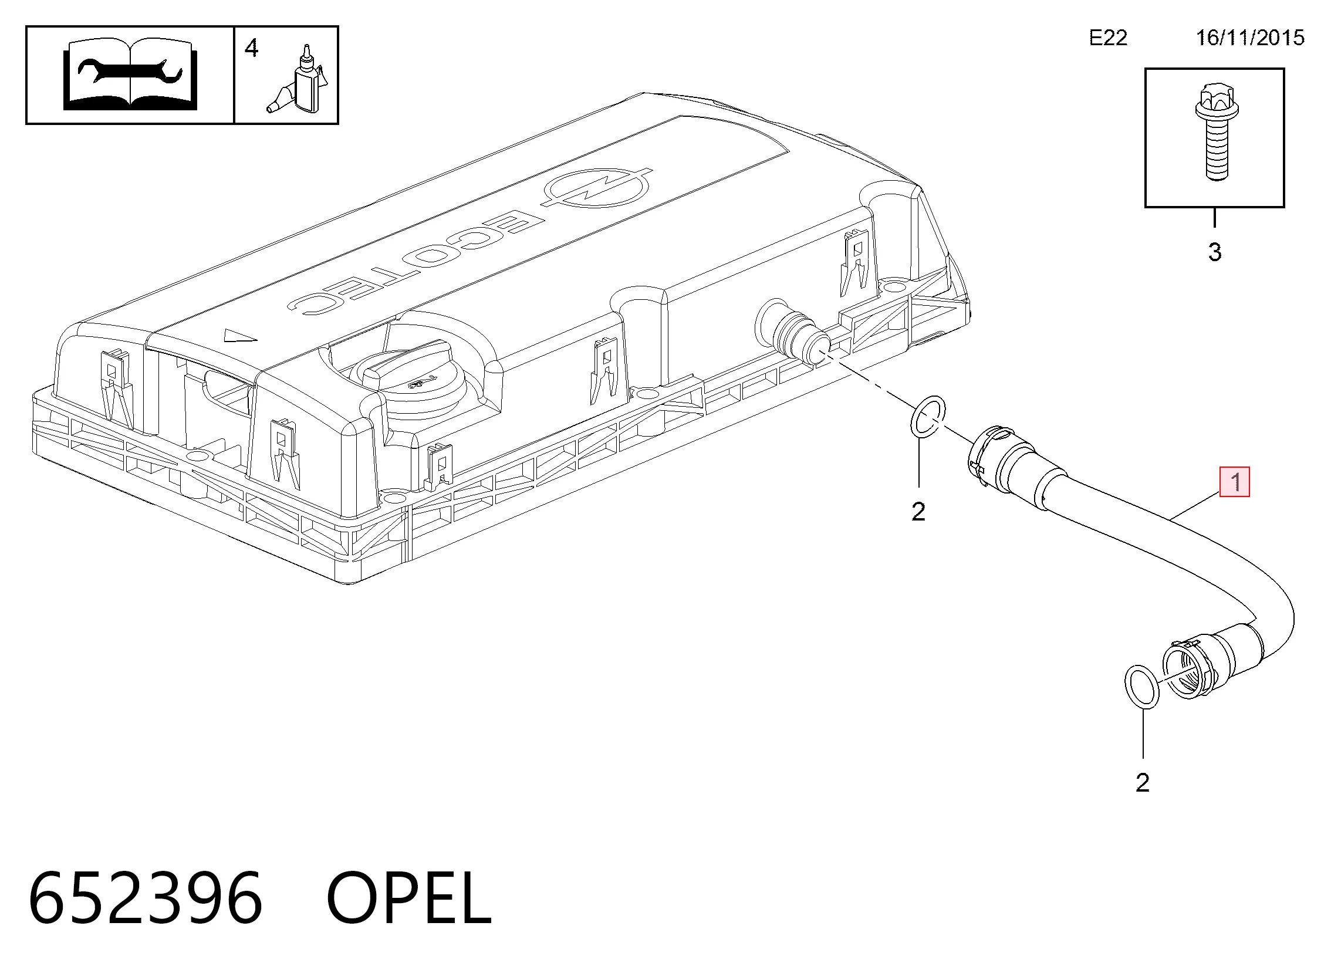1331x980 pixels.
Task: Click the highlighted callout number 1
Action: (1234, 482)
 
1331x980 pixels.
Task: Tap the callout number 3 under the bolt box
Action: (1215, 253)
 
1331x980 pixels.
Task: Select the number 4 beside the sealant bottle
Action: (252, 48)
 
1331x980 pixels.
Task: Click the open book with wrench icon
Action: (130, 75)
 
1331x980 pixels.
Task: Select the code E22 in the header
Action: (1108, 38)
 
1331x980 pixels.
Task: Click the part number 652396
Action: (146, 897)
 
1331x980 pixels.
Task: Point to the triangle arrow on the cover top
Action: (240, 336)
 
